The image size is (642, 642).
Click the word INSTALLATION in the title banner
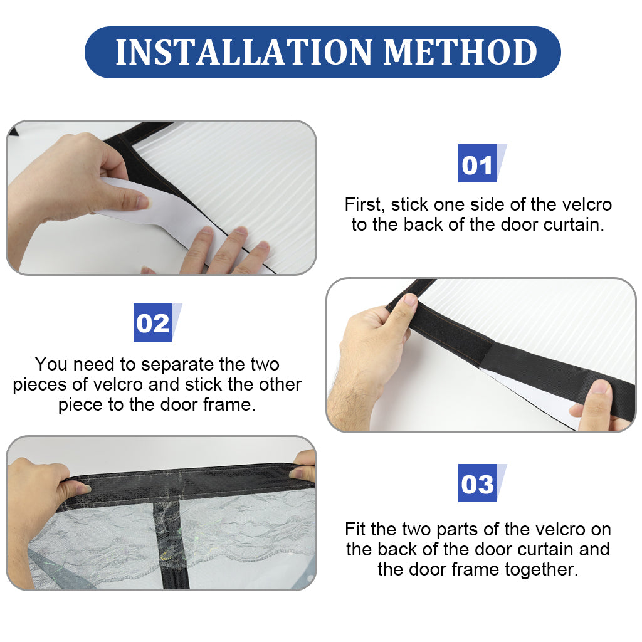tap(244, 53)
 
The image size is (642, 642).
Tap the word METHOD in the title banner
tap(460, 53)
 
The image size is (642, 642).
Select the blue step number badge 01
tap(477, 164)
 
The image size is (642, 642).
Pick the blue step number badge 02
tap(153, 323)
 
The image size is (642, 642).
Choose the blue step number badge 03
tap(477, 483)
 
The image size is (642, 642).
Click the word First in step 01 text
tap(365, 204)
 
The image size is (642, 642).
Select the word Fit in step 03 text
tap(355, 529)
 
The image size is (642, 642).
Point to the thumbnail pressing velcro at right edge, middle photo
tap(600, 386)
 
